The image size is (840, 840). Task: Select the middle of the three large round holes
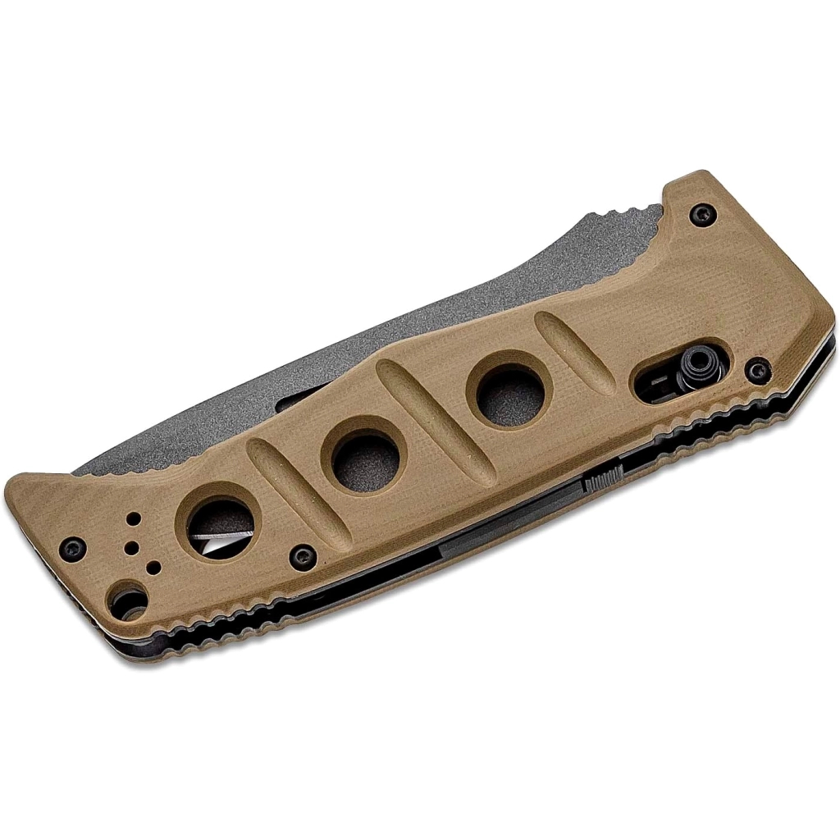[363, 453]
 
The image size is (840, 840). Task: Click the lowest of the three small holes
[153, 566]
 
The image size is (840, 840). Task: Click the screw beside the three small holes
[75, 544]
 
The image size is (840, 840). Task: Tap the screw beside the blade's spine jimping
[699, 215]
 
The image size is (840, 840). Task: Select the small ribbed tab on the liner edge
[602, 480]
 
